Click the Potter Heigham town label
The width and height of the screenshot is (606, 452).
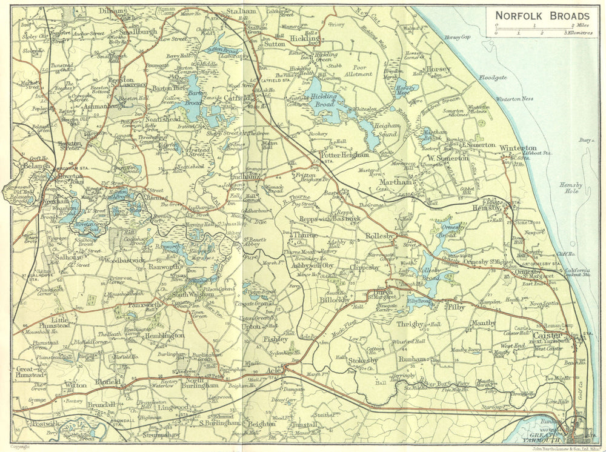344,155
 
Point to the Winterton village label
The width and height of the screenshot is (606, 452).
518,148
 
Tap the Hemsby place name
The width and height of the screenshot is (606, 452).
487,207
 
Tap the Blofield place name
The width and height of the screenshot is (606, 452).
108,382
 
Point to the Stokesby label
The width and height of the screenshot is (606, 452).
363,361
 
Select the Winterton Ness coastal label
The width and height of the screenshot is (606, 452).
515,99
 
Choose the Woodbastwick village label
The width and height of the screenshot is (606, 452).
124,261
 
